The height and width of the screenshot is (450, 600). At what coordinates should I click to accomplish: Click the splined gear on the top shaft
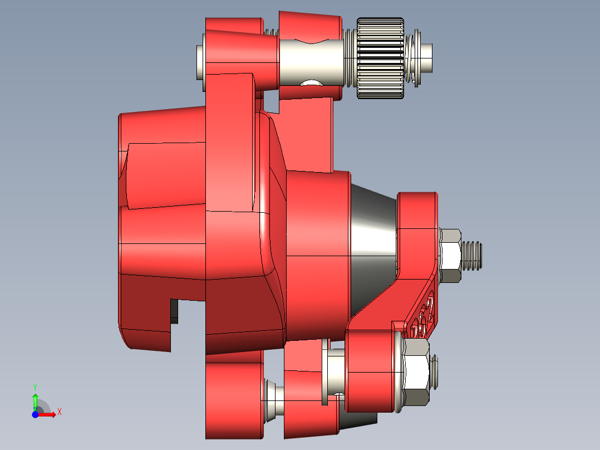[x=380, y=58]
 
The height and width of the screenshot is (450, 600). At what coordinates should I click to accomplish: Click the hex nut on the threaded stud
[x=450, y=256]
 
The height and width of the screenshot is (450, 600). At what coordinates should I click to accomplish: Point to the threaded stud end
[x=472, y=256]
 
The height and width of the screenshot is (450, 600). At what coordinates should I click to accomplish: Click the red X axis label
[x=59, y=412]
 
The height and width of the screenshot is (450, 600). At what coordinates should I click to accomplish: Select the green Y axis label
[x=35, y=387]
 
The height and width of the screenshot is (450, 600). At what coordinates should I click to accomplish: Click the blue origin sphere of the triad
[x=35, y=414]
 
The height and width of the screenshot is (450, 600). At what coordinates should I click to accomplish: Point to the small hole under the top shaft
[x=312, y=83]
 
